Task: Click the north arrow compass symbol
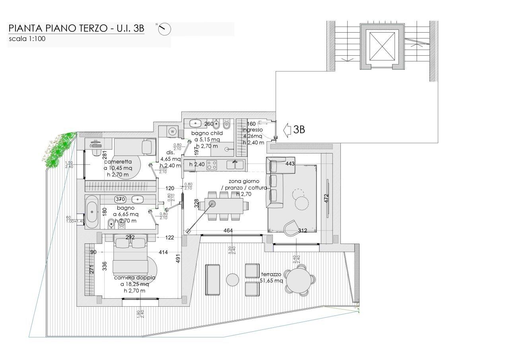coord(164,29)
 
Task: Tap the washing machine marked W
coord(173,131)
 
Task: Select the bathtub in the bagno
coord(92,212)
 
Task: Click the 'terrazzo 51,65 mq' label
coord(272,278)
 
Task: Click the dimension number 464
coord(228,230)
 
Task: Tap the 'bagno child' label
coord(207,133)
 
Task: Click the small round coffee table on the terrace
coord(232,280)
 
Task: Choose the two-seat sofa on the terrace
coord(213,280)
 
